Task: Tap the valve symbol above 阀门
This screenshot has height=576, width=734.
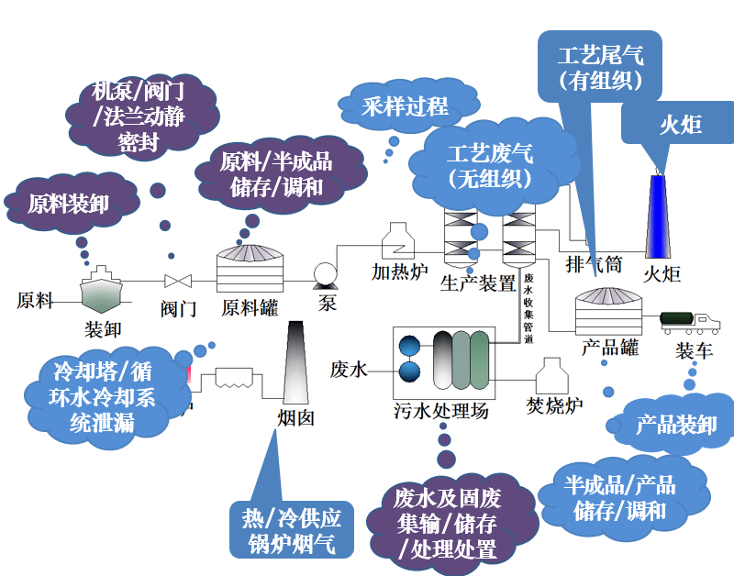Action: click(172, 281)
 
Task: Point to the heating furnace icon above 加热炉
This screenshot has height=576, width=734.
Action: click(399, 239)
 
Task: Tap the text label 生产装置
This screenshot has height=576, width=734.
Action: click(478, 282)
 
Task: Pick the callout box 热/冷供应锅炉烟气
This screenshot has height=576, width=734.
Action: click(292, 531)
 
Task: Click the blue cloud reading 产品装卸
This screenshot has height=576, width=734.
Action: click(676, 425)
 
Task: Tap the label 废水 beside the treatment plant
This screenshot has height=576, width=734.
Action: click(350, 371)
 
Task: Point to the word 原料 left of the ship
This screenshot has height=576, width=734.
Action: click(35, 300)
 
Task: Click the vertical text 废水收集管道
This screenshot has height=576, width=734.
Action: click(528, 308)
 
